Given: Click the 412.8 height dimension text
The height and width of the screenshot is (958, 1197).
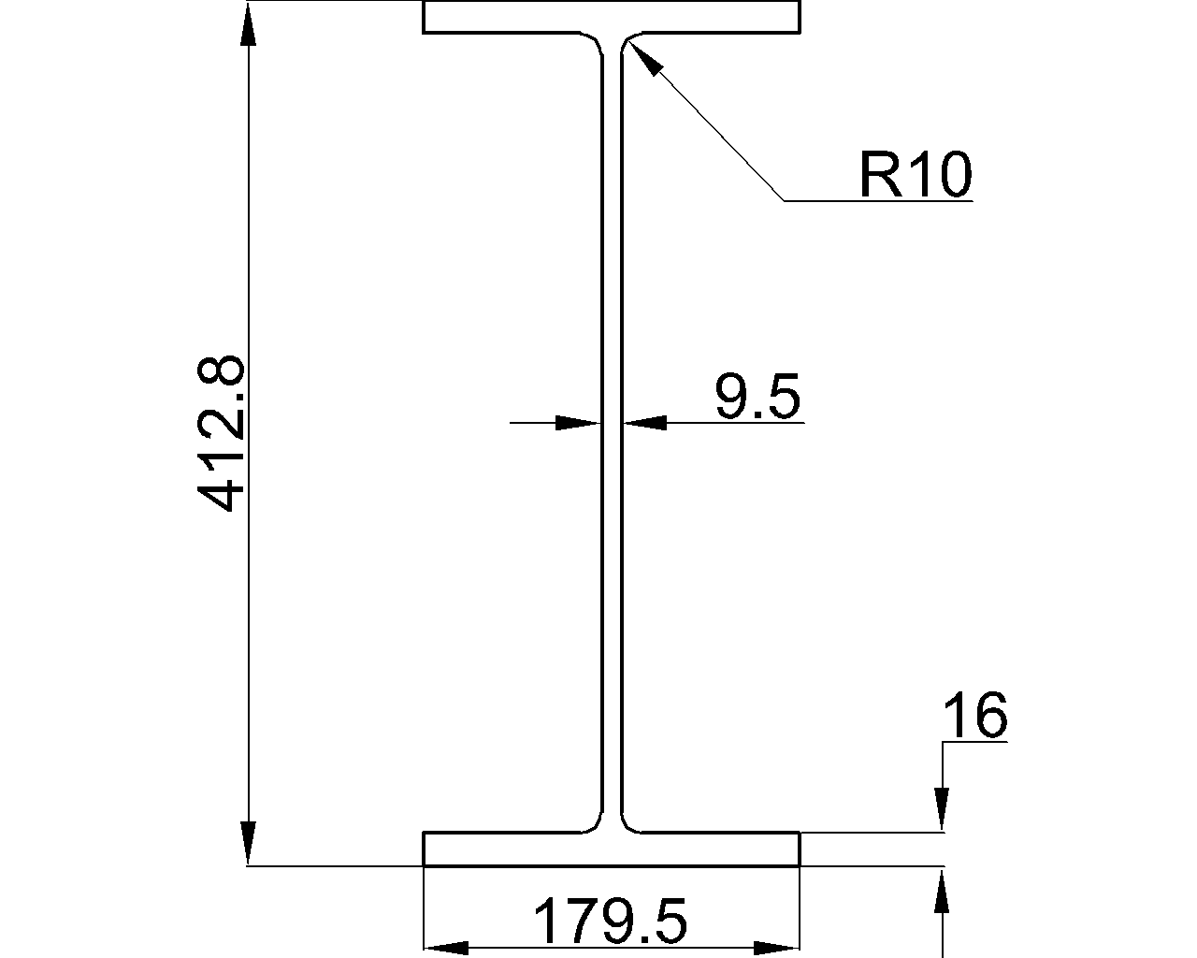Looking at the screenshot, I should tap(223, 432).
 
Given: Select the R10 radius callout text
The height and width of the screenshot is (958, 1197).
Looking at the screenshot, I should tap(915, 175).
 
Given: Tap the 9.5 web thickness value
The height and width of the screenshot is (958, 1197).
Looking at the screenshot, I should tap(757, 397).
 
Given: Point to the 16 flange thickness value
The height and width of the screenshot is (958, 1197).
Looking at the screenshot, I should tap(974, 717).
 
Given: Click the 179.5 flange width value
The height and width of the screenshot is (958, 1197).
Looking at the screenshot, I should tap(610, 922).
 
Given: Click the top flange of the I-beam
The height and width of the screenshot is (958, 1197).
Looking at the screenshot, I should tap(612, 17).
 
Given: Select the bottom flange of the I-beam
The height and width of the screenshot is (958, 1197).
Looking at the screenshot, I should tap(612, 849).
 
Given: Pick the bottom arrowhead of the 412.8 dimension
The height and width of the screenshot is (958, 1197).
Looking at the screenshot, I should tap(248, 842).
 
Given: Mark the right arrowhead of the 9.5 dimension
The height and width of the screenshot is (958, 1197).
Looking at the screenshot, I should tap(646, 423).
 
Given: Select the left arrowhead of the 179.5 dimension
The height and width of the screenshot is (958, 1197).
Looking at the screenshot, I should tap(446, 948).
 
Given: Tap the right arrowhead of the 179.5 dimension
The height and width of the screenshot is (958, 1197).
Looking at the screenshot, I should tap(777, 948).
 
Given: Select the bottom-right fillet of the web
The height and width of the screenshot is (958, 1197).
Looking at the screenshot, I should tap(628, 822).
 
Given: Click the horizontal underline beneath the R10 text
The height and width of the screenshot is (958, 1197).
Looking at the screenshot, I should tap(879, 201).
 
